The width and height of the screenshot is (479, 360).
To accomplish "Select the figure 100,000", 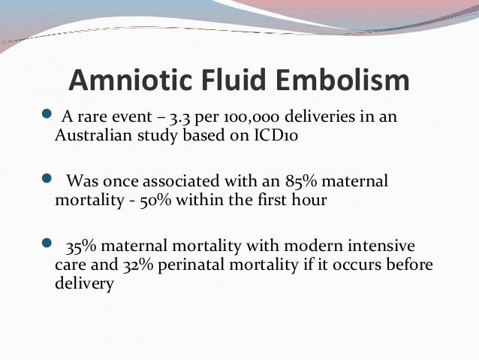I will [255, 119].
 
